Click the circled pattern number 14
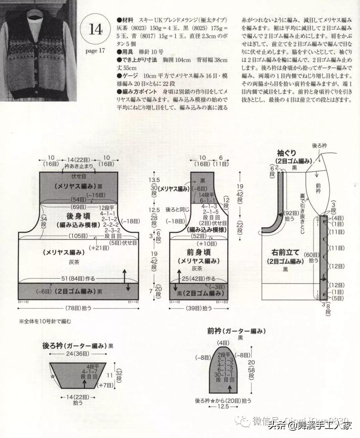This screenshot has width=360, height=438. [x=96, y=29]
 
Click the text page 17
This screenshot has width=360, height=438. [x=95, y=51]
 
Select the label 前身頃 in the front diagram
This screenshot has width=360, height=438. [x=198, y=252]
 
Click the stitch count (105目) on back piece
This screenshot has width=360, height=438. [x=79, y=236]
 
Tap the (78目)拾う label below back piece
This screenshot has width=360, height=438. [x=78, y=309]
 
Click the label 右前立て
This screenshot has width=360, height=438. [x=285, y=252]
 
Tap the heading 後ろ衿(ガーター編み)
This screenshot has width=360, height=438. [x=75, y=346]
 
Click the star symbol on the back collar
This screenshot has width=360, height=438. [x=52, y=376]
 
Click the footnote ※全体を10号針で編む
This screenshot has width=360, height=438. [x=45, y=322]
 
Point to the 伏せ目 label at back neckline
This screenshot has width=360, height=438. [x=79, y=176]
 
